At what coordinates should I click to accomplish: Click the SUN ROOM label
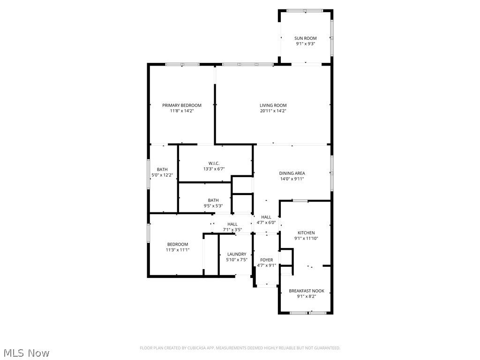(306, 38)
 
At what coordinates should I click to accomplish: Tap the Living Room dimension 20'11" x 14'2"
(273, 111)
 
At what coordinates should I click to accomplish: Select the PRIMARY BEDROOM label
(182, 105)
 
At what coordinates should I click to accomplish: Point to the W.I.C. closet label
(214, 163)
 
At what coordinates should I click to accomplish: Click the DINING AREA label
(292, 173)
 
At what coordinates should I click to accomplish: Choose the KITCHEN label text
(306, 233)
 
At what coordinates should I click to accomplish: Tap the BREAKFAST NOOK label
(306, 291)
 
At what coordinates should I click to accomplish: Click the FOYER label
(266, 260)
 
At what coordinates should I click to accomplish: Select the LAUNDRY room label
(237, 255)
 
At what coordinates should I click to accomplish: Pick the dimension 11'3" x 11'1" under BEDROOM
(177, 250)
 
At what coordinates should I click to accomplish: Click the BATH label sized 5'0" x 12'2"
(162, 170)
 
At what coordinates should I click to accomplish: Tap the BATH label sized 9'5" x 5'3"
(213, 201)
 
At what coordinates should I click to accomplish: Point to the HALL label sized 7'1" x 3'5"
(232, 225)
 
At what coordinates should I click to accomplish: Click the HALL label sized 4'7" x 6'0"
(266, 217)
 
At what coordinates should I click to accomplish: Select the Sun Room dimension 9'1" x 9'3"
(306, 44)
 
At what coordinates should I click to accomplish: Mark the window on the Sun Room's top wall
(305, 10)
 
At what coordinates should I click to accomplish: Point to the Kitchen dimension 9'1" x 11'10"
(306, 239)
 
